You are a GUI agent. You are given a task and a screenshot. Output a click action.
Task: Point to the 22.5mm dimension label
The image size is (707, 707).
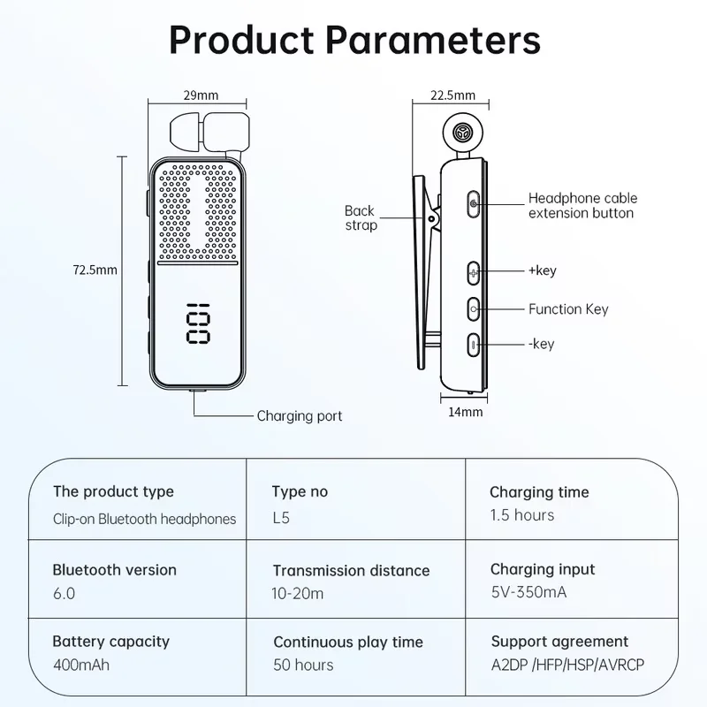(452, 95)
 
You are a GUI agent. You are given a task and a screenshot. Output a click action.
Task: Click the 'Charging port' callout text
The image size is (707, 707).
(299, 415)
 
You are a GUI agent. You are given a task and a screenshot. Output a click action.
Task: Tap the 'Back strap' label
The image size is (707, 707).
(360, 217)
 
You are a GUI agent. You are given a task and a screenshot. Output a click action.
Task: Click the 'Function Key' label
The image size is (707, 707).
(568, 309)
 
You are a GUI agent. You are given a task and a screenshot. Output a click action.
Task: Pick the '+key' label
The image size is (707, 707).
(542, 270)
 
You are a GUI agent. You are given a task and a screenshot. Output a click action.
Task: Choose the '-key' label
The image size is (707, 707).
(541, 344)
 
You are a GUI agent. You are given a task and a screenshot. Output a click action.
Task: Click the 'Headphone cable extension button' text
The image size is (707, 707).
(582, 205)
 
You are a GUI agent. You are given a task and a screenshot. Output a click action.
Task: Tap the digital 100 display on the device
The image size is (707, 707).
(198, 324)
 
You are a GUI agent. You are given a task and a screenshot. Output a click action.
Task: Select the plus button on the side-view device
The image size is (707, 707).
(474, 272)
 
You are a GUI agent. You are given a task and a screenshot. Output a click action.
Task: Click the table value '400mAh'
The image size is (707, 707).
(82, 664)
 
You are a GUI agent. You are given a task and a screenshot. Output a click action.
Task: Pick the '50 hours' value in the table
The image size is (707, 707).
(303, 665)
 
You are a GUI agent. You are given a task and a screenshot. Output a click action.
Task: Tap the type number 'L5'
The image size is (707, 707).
(281, 518)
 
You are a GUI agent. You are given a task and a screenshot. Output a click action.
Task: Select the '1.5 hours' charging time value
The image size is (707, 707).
(522, 515)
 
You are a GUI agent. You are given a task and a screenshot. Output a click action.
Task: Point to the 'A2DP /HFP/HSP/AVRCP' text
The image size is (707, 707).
(563, 665)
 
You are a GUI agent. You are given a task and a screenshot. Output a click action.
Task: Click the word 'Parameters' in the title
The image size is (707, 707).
(433, 41)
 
